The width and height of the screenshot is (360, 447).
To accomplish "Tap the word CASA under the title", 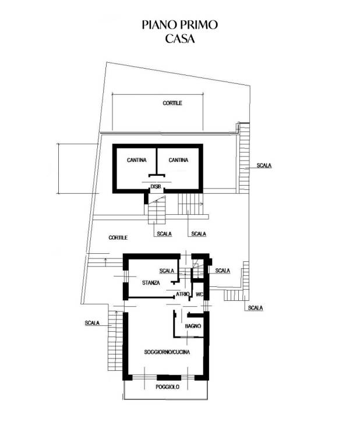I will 179,40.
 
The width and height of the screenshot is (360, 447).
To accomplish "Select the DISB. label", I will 156,186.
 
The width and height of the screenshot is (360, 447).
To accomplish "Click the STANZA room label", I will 150,283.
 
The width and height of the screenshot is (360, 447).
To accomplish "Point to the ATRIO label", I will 183,295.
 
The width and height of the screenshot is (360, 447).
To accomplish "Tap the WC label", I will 199,295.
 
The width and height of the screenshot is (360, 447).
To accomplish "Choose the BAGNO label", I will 193,327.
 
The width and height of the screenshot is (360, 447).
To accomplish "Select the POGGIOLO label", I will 167,387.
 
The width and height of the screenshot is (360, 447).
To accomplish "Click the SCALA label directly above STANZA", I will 167,271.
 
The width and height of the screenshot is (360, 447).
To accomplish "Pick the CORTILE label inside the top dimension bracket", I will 172,103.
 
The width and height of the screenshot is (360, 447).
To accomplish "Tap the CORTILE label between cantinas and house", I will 118,238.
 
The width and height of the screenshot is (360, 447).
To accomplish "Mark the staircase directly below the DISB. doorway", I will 157,212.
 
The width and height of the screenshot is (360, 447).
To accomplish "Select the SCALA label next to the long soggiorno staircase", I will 92,323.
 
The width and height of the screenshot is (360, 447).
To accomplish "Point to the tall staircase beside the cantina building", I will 244,157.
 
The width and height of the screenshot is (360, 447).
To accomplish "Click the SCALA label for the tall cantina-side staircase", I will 264,165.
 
